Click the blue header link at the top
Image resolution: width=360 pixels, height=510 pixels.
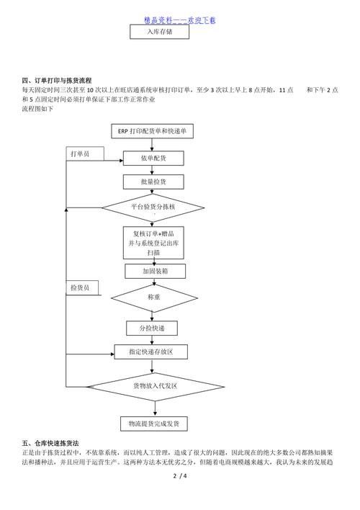pos(179,20)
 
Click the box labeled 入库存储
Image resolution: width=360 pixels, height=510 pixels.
pos(159,32)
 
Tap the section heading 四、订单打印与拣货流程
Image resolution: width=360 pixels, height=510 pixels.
pos(57,81)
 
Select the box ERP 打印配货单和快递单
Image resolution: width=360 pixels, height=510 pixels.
pos(152,131)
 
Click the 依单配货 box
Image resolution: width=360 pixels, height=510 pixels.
pos(153,158)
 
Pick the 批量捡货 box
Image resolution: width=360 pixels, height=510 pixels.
pos(153,182)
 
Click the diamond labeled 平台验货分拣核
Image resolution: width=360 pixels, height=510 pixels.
pos(153,207)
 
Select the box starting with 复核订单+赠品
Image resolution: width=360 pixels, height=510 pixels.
pos(153,243)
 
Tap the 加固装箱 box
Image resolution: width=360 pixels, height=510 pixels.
pos(155,271)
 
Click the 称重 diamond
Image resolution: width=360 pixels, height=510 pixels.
pos(154,297)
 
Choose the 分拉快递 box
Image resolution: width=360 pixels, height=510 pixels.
pos(152,328)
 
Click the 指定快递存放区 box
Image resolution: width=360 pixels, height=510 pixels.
pos(151,352)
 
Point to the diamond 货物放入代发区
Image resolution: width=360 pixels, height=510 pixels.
pos(156,387)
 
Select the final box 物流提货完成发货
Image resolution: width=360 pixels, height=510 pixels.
pos(154,424)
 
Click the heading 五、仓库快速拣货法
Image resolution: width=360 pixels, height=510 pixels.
pos(50,443)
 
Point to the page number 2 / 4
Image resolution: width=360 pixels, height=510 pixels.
pos(180,476)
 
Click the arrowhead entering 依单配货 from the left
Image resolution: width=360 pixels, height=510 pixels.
pos(121,161)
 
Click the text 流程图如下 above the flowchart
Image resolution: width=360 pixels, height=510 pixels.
pos(37,109)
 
